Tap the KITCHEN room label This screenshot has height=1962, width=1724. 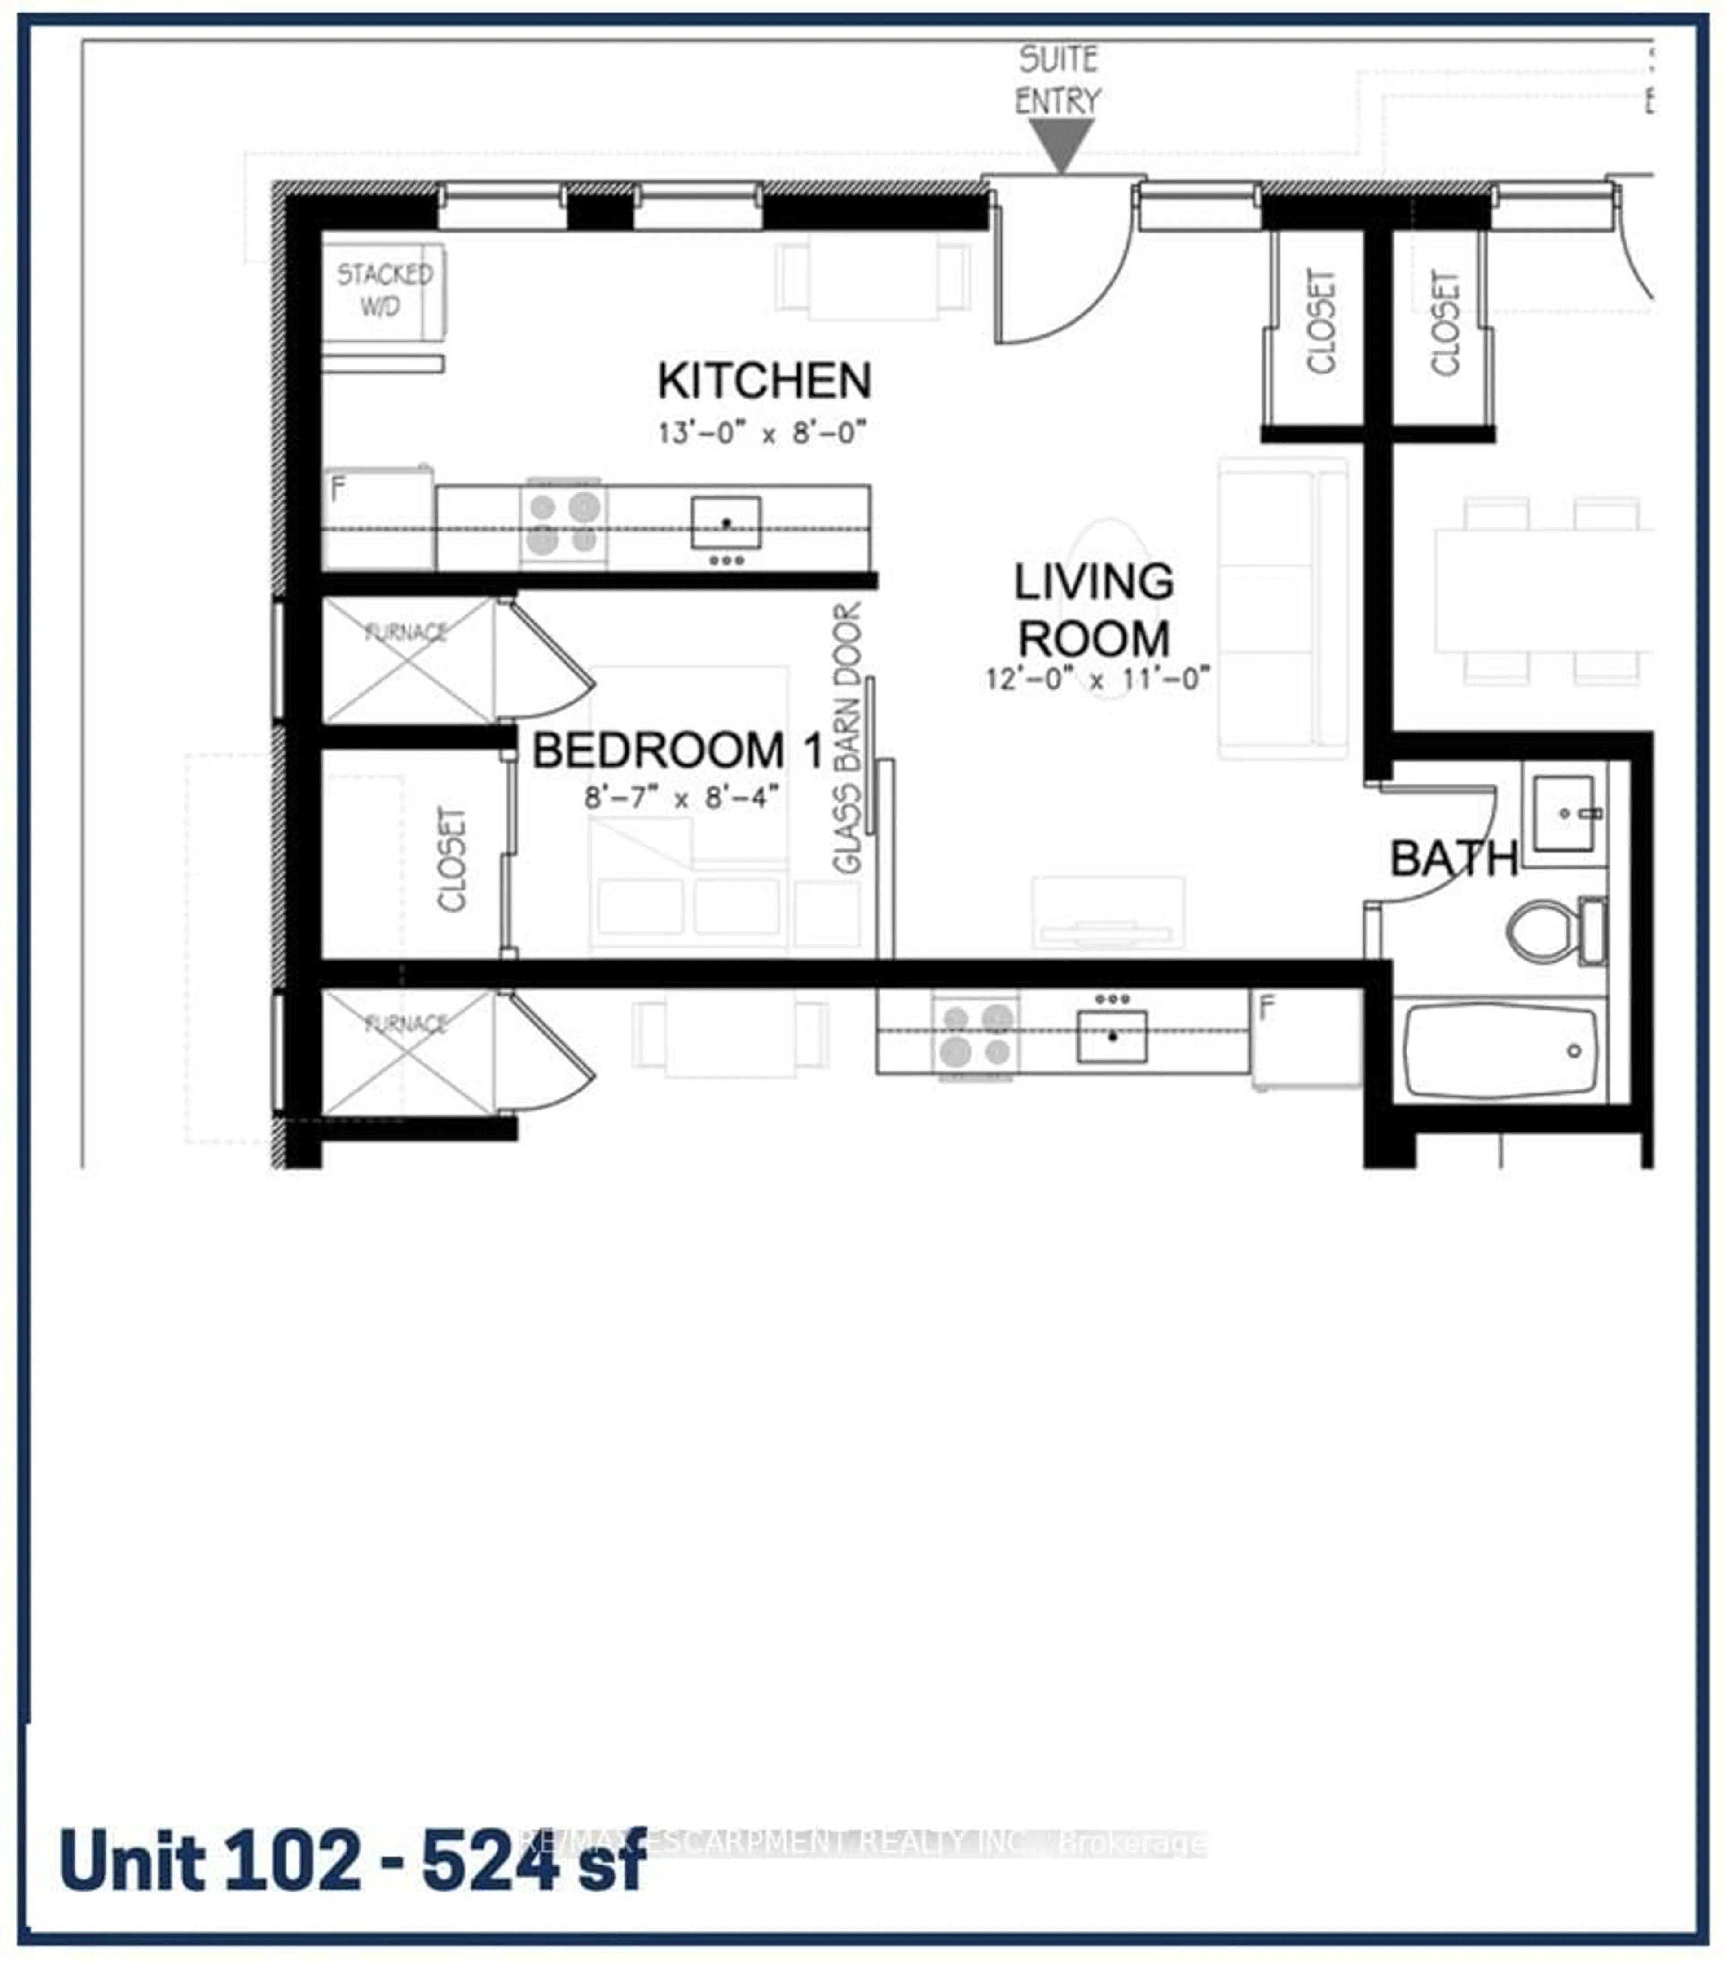[x=764, y=381]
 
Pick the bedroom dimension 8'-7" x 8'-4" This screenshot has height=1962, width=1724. [x=682, y=798]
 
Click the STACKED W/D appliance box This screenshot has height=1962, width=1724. [x=383, y=291]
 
